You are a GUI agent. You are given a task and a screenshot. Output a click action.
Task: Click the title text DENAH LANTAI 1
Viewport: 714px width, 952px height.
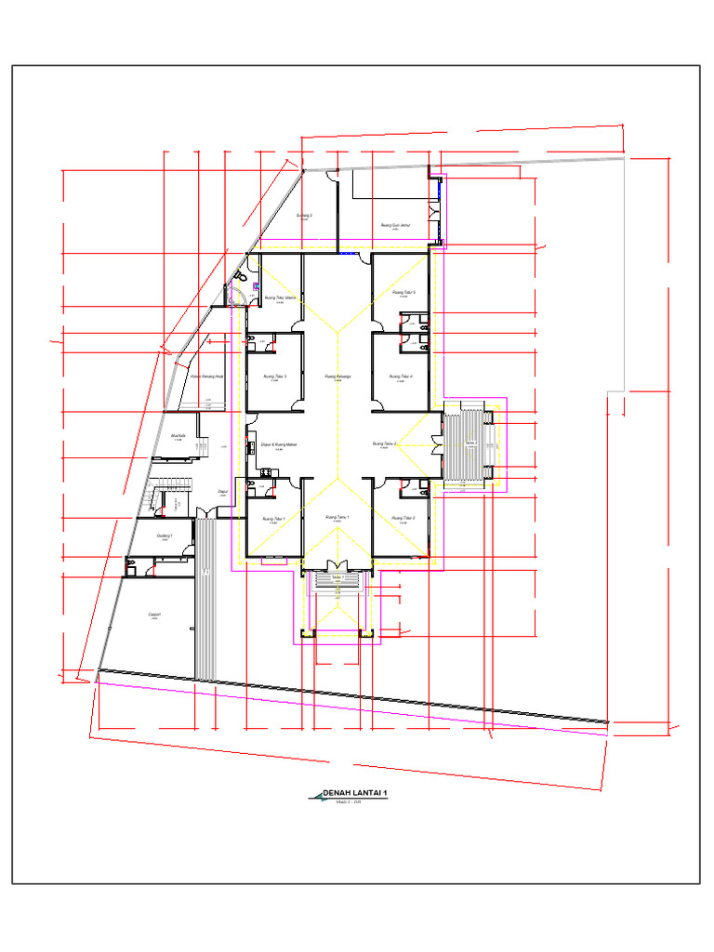point(354,793)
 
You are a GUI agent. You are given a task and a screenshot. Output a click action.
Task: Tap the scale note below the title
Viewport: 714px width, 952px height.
point(348,801)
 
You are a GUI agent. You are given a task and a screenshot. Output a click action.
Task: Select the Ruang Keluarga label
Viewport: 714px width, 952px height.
point(337,377)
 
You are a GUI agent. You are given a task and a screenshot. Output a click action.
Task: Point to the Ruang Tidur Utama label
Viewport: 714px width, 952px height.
point(280,298)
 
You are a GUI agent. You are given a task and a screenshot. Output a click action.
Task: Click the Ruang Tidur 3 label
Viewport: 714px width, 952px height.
point(273,377)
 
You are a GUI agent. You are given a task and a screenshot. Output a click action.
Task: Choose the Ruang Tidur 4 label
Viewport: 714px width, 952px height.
point(401,377)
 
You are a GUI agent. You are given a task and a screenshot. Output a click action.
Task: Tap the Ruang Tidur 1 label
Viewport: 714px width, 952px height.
point(273,518)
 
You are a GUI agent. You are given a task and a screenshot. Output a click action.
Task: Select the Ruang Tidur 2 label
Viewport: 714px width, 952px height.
point(403,518)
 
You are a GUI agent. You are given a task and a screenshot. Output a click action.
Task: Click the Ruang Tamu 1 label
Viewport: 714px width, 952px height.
point(337,517)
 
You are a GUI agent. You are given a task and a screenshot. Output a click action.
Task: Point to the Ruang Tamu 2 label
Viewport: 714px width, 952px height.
point(384,444)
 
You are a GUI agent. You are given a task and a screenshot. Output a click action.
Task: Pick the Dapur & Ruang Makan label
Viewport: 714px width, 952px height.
point(278,444)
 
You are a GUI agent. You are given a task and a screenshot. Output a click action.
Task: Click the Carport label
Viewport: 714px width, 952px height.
point(154,615)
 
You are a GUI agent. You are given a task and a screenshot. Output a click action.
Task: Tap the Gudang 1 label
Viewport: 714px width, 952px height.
point(165,535)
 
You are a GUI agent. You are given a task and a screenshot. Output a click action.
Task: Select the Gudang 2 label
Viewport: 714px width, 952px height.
point(304,216)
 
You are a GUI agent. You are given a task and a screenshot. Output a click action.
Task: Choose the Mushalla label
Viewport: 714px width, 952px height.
point(178,435)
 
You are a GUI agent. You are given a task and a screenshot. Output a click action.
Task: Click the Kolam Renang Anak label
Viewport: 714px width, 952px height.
point(207,377)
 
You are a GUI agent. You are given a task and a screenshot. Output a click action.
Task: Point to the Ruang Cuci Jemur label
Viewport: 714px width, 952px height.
point(396,224)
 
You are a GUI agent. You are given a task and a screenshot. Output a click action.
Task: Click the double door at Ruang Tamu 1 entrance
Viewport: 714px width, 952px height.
point(337,566)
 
